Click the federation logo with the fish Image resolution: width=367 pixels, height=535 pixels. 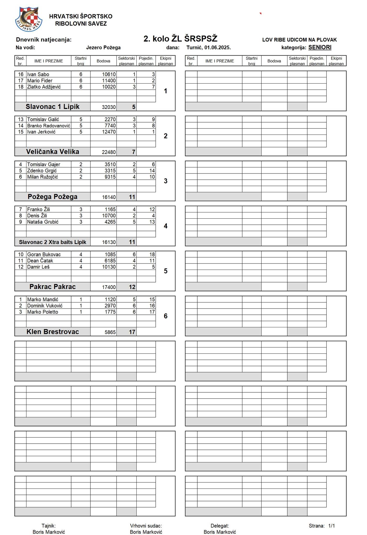pos(29,19)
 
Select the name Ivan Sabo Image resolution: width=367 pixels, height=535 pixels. pos(38,74)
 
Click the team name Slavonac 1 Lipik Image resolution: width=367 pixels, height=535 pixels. pos(52,107)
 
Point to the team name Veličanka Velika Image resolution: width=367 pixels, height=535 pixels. pos(52,152)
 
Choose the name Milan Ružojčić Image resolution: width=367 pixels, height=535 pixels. pos(42,177)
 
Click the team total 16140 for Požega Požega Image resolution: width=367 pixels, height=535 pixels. pos(109,197)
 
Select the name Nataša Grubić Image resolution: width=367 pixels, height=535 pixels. pos(43,222)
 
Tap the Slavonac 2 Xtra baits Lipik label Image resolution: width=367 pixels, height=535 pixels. pos(52,242)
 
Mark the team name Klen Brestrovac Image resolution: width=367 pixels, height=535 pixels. pos(52,332)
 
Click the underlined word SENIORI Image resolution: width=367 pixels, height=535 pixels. pos(320,48)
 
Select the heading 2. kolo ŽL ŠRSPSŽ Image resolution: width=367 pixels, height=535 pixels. pos(180,39)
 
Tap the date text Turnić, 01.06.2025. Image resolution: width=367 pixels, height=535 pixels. pos(208,48)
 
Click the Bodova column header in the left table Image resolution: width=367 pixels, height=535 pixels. pos(103,61)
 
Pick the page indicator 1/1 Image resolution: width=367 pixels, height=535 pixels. pos(331,526)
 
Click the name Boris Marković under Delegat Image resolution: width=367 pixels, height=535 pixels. pos(220,532)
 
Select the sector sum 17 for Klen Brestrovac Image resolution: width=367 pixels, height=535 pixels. pos(132,332)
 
